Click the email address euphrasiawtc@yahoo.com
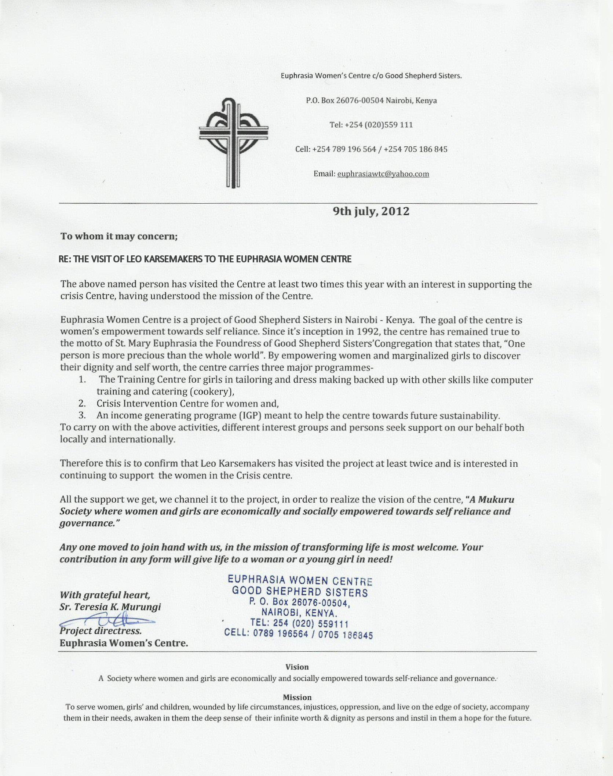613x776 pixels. [x=383, y=174]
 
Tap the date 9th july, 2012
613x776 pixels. [x=371, y=212]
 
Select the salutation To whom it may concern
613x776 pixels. [x=119, y=236]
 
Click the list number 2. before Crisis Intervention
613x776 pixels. [x=82, y=404]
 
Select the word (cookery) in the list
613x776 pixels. [x=212, y=391]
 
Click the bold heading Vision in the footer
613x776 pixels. [x=297, y=667]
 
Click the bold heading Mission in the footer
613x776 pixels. [x=297, y=697]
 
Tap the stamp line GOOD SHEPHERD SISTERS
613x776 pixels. [x=300, y=592]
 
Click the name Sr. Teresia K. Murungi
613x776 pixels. [x=110, y=607]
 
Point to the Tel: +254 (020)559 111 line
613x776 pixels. [x=371, y=125]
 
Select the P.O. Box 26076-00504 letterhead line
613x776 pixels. [x=371, y=101]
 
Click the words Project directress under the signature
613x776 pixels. [x=100, y=631]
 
